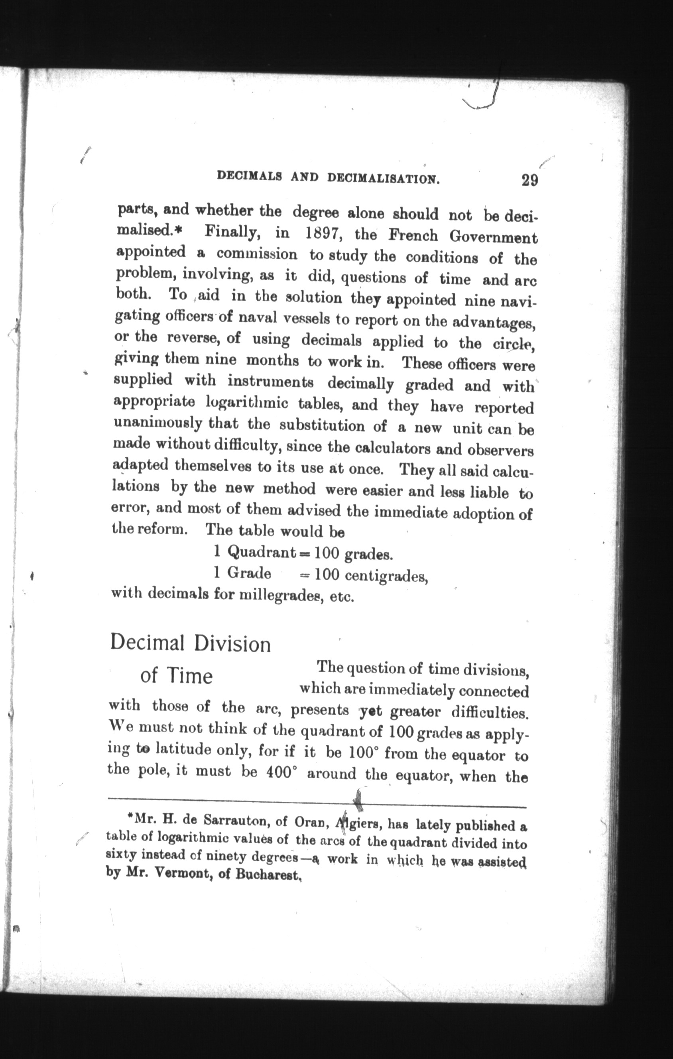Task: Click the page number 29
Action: pos(529,180)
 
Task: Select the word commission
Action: pos(256,254)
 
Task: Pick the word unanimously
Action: pos(157,423)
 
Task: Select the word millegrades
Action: pos(278,595)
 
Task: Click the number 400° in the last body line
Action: pos(279,773)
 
